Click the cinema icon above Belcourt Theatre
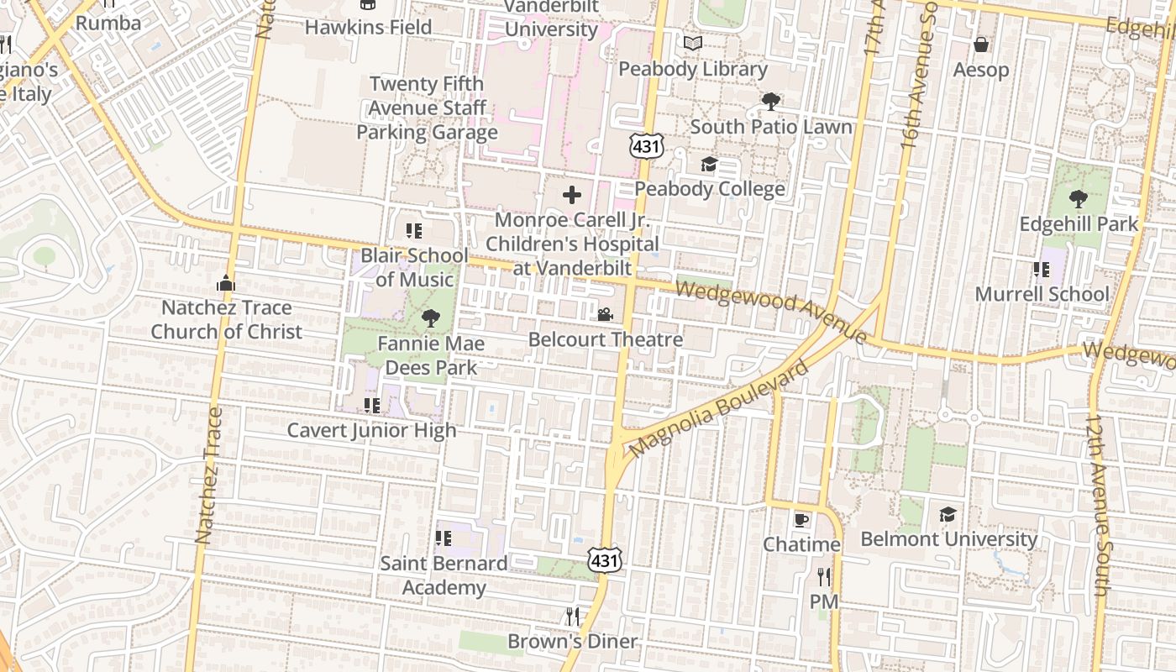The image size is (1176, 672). pyautogui.click(x=605, y=315)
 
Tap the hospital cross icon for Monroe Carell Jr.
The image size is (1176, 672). pyautogui.click(x=572, y=196)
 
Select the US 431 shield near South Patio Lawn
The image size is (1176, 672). pyautogui.click(x=647, y=146)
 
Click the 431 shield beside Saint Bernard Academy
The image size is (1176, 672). pyautogui.click(x=605, y=559)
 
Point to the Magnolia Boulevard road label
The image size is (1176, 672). pyautogui.click(x=718, y=410)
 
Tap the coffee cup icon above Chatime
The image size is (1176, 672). pyautogui.click(x=801, y=520)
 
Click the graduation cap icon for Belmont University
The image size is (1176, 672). pyautogui.click(x=948, y=514)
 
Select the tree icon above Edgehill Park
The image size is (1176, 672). pyautogui.click(x=1079, y=199)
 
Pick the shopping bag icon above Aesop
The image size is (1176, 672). pyautogui.click(x=980, y=45)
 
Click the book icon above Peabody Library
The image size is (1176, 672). pyautogui.click(x=693, y=44)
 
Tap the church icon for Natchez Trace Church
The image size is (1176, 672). pyautogui.click(x=226, y=283)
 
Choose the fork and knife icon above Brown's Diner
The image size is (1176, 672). pyautogui.click(x=573, y=617)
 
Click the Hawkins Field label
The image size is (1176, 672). pyautogui.click(x=368, y=27)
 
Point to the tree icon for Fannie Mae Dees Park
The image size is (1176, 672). pyautogui.click(x=431, y=318)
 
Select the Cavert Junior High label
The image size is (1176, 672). pyautogui.click(x=372, y=430)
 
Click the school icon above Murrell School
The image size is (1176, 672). pyautogui.click(x=1042, y=270)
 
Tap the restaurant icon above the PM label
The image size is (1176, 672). pyautogui.click(x=824, y=577)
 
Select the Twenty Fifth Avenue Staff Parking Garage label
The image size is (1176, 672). pyautogui.click(x=427, y=108)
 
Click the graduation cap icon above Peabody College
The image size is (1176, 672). pyautogui.click(x=710, y=164)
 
